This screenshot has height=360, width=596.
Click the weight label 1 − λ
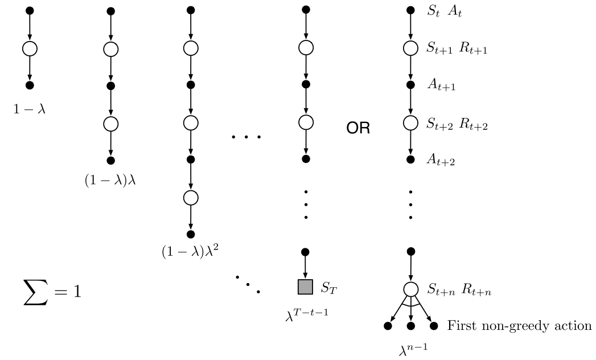click(x=30, y=108)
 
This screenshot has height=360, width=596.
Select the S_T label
click(x=328, y=288)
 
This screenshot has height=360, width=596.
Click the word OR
click(x=359, y=129)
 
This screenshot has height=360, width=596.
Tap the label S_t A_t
click(x=445, y=11)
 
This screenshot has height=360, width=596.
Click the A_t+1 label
click(x=442, y=86)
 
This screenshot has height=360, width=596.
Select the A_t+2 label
click(x=442, y=161)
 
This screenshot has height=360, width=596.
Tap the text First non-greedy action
click(x=519, y=326)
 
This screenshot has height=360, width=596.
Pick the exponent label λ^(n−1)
click(x=410, y=347)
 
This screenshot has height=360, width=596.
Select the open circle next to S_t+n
click(x=410, y=289)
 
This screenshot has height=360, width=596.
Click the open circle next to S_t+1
click(x=410, y=48)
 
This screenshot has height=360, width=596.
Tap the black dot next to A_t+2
click(x=410, y=159)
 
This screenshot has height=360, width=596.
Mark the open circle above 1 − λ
click(x=30, y=48)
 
